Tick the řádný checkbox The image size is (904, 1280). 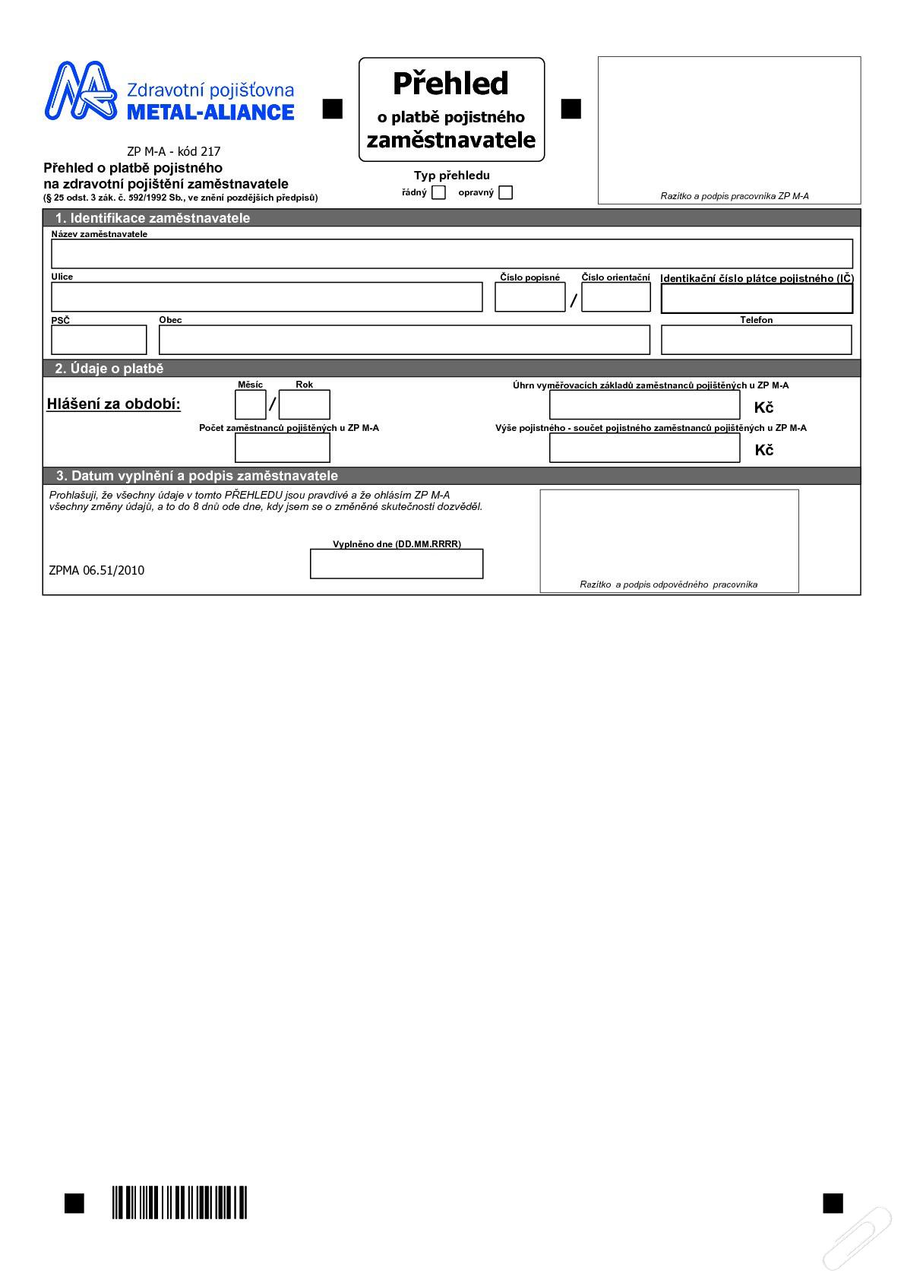click(x=438, y=192)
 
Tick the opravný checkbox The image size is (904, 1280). click(x=506, y=192)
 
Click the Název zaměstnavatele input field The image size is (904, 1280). click(x=452, y=253)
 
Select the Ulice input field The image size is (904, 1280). click(x=267, y=297)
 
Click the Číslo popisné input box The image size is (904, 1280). click(x=530, y=297)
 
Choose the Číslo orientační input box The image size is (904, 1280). click(x=616, y=297)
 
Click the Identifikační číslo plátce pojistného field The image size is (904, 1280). click(x=757, y=299)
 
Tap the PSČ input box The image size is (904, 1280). click(x=99, y=340)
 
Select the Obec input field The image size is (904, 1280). click(x=404, y=340)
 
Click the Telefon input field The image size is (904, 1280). click(x=757, y=340)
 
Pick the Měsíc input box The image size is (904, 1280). click(x=250, y=404)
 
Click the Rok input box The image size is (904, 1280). click(x=304, y=404)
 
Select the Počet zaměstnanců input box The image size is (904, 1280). click(x=282, y=448)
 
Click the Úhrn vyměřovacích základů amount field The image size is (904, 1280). click(x=644, y=405)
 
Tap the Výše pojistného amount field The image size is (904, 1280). click(x=644, y=448)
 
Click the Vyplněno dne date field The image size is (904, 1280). click(x=397, y=564)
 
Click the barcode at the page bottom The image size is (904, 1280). click(x=180, y=1202)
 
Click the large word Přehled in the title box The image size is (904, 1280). click(x=450, y=84)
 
